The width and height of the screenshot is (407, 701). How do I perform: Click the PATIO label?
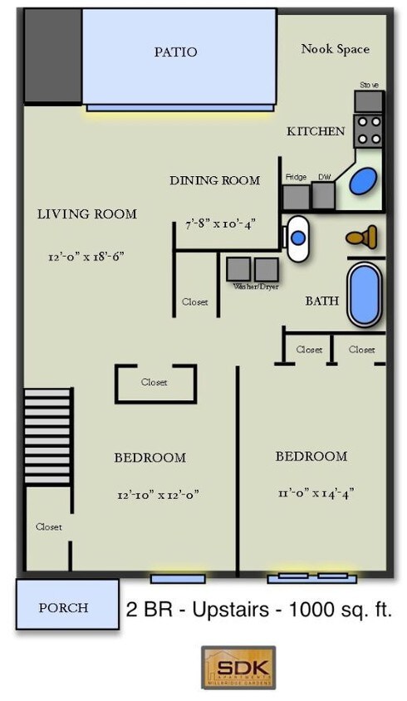tap(175, 51)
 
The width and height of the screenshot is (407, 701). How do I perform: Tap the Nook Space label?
tap(335, 49)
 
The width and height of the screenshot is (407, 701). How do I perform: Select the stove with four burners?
tap(369, 130)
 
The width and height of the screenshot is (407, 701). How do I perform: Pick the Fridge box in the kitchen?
tap(296, 196)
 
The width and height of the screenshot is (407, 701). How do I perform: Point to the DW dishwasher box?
tap(322, 196)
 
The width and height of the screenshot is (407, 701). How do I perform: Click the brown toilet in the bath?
tap(360, 239)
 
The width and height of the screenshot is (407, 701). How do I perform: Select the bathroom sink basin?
tap(297, 238)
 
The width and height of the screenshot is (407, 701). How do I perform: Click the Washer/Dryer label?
tap(255, 287)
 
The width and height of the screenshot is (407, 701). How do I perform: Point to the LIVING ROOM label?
tap(87, 214)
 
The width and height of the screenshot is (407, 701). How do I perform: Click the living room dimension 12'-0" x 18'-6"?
tap(87, 257)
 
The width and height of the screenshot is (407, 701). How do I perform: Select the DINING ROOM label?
tap(214, 180)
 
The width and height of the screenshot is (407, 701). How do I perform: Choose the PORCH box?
tap(64, 608)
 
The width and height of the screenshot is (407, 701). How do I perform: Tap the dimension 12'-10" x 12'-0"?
tap(158, 494)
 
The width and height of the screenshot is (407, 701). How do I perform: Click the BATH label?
tap(321, 301)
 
